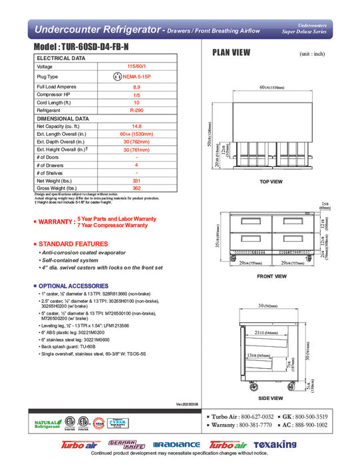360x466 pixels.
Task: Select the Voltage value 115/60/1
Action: pos(136,67)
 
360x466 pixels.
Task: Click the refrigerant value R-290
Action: pos(136,111)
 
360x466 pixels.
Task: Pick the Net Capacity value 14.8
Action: pos(136,126)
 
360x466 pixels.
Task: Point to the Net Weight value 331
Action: pos(136,180)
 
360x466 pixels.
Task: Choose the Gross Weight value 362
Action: pos(136,188)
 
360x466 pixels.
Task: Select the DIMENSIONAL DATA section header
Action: pos(64,118)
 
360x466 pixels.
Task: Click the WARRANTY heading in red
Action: pos(57,221)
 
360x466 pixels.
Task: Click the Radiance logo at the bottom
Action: pos(176,445)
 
